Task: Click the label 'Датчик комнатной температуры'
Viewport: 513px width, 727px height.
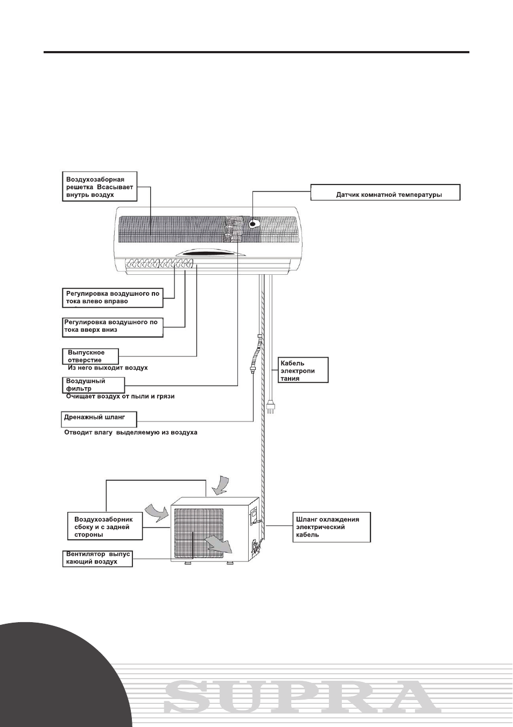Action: [x=385, y=192]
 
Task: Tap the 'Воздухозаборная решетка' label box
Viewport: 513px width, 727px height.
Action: [x=100, y=187]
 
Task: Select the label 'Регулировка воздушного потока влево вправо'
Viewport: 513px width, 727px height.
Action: [x=113, y=297]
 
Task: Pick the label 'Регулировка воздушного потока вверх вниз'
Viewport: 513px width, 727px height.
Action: [x=113, y=327]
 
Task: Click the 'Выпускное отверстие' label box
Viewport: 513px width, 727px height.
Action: [x=90, y=357]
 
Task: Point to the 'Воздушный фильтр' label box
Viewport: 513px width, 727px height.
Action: [x=94, y=385]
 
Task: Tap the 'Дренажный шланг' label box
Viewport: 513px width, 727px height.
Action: [x=99, y=419]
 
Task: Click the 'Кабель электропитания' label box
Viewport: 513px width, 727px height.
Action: [x=303, y=370]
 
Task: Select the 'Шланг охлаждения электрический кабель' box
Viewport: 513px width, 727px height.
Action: [x=332, y=527]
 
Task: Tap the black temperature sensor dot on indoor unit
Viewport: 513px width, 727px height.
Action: [x=252, y=224]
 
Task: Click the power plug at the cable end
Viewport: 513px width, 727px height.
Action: [x=270, y=407]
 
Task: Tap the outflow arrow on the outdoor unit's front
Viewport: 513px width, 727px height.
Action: [x=219, y=544]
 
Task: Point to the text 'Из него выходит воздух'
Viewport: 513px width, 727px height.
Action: [x=108, y=368]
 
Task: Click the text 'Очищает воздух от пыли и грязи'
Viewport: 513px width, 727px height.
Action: [x=120, y=396]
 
